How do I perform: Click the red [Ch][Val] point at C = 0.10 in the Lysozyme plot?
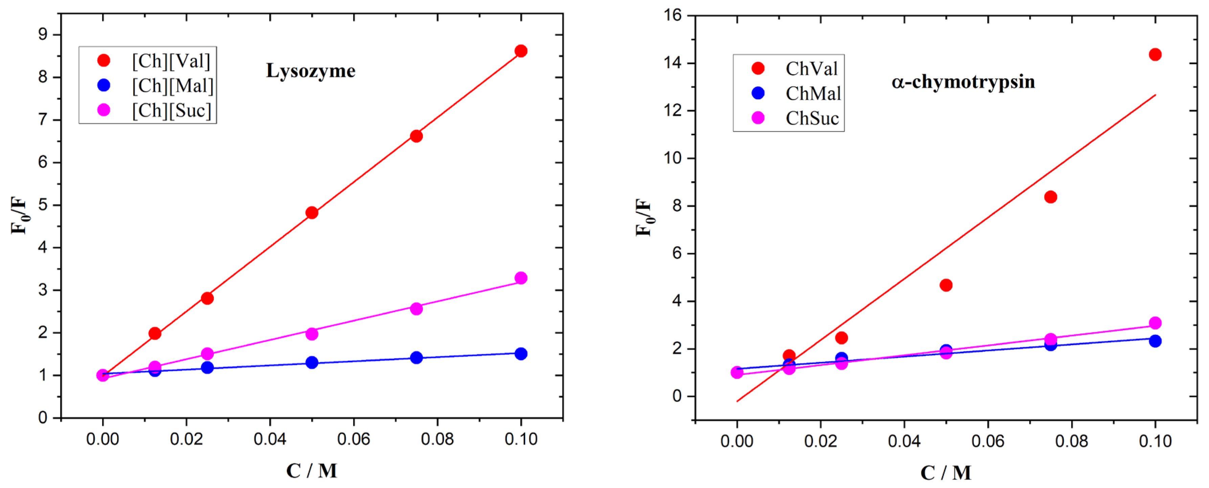pos(520,51)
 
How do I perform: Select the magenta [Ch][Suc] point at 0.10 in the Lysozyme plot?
pos(520,278)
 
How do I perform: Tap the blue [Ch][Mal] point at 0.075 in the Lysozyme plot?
pos(416,357)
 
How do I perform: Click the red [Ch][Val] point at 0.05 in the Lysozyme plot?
pos(312,213)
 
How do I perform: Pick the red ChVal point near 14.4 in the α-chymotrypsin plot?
pos(1155,55)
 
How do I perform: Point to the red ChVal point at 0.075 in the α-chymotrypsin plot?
pos(1050,197)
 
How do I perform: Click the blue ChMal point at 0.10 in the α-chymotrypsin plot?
pos(1155,341)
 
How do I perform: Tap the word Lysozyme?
pos(311,71)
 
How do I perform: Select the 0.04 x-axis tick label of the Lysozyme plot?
pos(270,439)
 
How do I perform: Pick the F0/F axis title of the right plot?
pos(644,217)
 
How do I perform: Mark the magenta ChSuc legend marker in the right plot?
pos(758,118)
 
